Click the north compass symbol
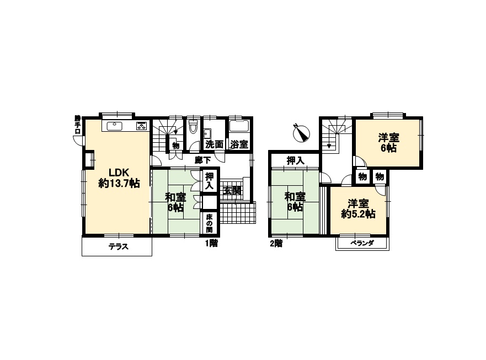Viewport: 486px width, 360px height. [301, 133]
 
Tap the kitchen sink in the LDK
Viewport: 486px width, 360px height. [114, 126]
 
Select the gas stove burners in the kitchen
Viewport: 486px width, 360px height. [142, 126]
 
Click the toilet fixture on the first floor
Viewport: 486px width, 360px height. [193, 126]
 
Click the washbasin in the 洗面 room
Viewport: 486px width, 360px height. [207, 133]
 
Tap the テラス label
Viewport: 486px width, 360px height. [119, 247]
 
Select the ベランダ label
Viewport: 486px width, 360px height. [362, 243]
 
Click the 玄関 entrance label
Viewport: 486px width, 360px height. [232, 190]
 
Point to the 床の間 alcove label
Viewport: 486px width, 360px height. [209, 223]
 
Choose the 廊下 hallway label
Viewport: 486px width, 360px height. [203, 160]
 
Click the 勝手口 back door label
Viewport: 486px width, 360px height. [77, 125]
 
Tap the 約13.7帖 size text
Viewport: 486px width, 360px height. [119, 184]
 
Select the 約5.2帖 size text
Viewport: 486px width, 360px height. [359, 214]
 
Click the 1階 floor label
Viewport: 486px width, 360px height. [211, 244]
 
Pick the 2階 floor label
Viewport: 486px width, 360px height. [276, 244]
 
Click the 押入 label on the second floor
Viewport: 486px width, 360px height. [296, 160]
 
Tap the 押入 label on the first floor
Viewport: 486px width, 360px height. [210, 181]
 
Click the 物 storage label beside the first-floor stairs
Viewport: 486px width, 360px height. [176, 145]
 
